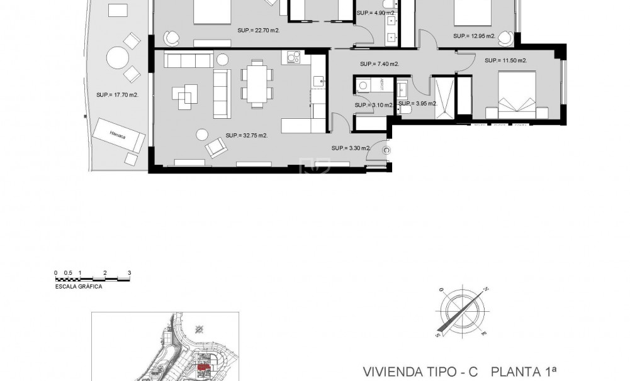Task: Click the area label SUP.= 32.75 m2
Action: click(247, 135)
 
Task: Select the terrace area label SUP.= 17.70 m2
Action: click(118, 95)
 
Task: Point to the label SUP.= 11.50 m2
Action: click(505, 61)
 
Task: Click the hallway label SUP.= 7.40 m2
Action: click(380, 64)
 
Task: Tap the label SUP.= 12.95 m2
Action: click(475, 36)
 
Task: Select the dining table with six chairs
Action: click(257, 84)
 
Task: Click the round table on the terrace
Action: click(118, 58)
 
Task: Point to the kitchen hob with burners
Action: click(293, 57)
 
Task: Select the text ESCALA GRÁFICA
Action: click(79, 285)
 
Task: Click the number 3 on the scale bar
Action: click(129, 273)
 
